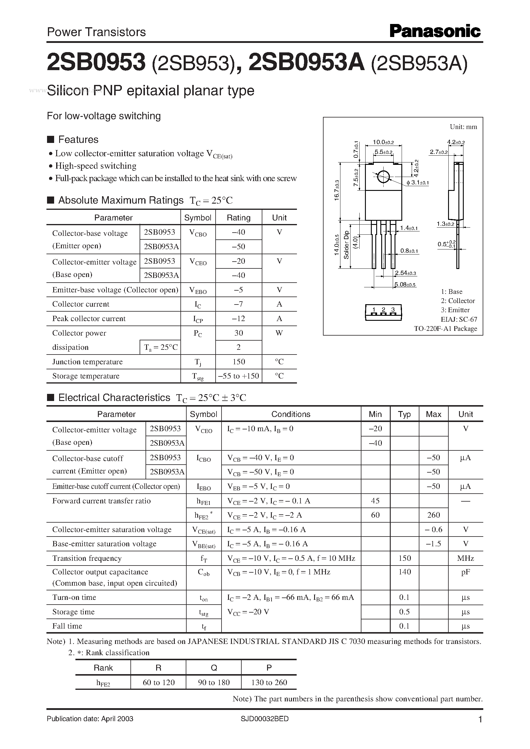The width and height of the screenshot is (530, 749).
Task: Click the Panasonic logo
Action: [435, 31]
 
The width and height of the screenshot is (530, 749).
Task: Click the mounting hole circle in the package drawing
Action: [383, 177]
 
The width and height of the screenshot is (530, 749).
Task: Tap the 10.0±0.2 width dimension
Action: [383, 142]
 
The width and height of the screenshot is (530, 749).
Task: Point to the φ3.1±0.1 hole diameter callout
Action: [418, 183]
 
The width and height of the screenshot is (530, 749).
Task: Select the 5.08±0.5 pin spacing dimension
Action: [405, 285]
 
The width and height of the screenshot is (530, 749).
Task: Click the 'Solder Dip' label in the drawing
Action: [347, 245]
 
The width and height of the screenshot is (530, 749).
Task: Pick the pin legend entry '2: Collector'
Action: [458, 301]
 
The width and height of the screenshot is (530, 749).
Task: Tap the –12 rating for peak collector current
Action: [239, 318]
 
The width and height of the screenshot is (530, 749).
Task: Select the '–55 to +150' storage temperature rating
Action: [239, 376]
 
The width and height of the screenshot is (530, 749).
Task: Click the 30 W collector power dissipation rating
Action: [239, 333]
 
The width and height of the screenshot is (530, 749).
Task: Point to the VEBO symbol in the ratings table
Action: [198, 290]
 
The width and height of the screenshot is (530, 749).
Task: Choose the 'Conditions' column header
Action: [291, 414]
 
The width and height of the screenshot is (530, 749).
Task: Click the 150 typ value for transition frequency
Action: [404, 558]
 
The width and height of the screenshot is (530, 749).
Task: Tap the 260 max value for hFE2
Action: [433, 515]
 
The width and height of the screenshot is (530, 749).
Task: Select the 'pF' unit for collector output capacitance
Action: [466, 572]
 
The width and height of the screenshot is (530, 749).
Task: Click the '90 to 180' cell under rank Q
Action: [214, 682]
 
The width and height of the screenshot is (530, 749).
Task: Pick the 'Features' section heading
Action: [78, 139]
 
